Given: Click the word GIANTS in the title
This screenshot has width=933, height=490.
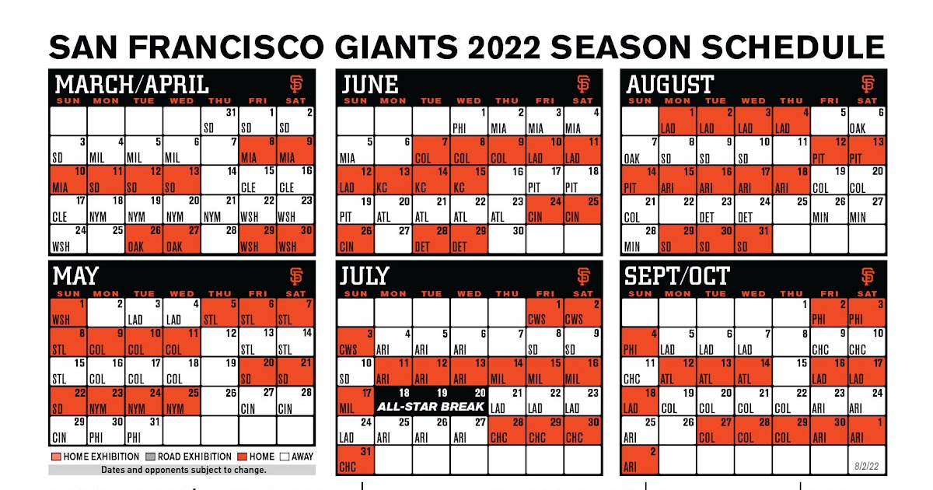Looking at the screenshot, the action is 396,47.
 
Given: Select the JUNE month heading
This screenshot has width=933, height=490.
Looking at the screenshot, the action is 370,84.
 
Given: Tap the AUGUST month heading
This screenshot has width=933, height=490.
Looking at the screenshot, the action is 669,84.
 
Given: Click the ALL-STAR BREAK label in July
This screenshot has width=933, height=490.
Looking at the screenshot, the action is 431,407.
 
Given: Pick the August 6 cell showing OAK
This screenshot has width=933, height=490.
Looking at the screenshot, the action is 867,121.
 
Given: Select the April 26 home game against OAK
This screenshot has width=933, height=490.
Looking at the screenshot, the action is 144,240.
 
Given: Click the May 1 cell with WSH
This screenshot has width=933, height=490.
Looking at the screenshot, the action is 68,312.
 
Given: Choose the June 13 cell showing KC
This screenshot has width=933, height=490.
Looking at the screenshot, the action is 393,180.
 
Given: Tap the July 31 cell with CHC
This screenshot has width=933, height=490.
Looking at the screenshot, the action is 355,460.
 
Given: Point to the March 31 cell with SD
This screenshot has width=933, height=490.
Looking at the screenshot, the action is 219,121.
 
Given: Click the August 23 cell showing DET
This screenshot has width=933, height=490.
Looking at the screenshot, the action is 716,209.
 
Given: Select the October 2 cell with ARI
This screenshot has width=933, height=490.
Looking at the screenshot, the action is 640,460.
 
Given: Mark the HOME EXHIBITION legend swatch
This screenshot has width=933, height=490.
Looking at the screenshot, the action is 56,457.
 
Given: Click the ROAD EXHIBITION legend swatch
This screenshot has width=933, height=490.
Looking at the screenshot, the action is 150,457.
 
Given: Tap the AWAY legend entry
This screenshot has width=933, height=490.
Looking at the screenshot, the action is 296,457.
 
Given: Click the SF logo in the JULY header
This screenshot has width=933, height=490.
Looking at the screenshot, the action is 583,276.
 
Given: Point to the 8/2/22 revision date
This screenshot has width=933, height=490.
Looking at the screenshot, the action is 866,466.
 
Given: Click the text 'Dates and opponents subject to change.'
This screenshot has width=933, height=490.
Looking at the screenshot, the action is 183,470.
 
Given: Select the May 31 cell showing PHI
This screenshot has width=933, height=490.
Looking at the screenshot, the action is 144,430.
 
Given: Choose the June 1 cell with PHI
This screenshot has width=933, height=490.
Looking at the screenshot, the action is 469,121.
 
